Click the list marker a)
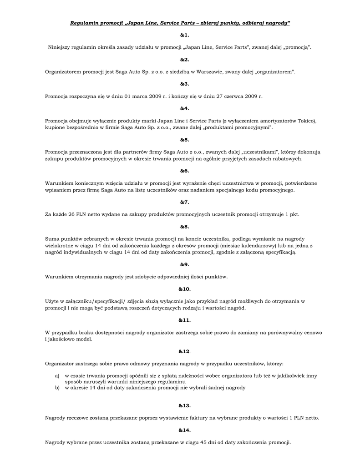point(57,376)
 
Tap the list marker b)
point(57,388)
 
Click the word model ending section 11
point(84,339)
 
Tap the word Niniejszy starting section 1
point(61,47)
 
